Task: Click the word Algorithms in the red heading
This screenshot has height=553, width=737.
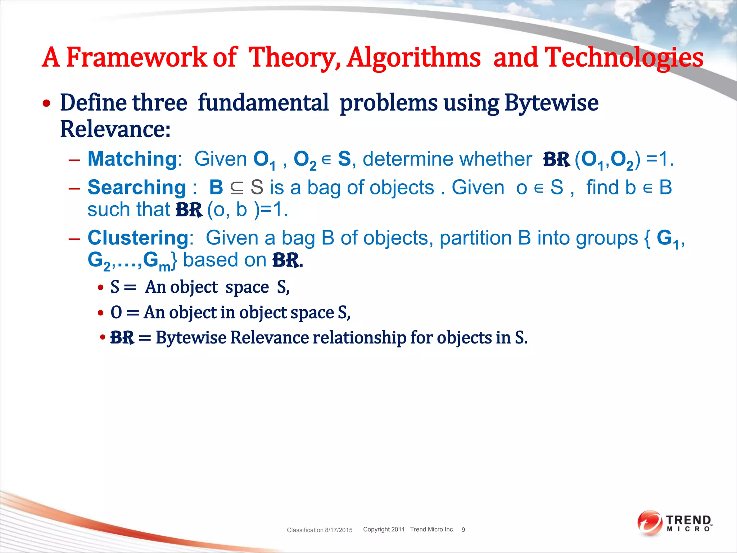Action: (x=413, y=58)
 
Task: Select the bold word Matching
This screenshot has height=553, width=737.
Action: (x=132, y=159)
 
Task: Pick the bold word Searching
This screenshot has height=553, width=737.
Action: (x=137, y=188)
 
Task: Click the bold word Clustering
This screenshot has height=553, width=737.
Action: (x=138, y=238)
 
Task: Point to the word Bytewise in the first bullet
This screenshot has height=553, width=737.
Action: (x=551, y=103)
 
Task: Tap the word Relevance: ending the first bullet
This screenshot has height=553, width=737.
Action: (x=115, y=130)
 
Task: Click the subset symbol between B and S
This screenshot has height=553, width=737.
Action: (x=236, y=188)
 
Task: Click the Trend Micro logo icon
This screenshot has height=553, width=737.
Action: (x=650, y=523)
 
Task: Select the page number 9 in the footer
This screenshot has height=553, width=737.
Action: (x=463, y=530)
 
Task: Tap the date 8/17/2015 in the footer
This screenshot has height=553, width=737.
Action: (x=339, y=530)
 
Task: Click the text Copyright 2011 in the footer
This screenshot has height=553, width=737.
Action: (x=384, y=529)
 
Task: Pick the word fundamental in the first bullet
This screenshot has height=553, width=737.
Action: (x=263, y=103)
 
